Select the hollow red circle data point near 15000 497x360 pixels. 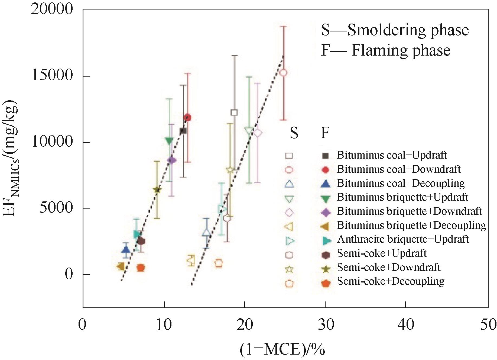tap(283, 73)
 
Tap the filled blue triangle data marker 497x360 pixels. tap(126, 249)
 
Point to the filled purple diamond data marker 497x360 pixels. tap(171, 160)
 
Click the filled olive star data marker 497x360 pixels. tap(157, 189)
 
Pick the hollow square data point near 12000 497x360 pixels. tap(234, 112)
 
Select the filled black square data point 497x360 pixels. tap(183, 131)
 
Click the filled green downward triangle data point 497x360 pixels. tap(169, 141)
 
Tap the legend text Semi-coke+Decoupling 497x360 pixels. tap(391, 281)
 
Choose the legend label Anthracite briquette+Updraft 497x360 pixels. tap(403, 239)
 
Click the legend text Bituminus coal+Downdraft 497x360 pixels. tap(398, 169)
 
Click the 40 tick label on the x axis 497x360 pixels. tap(405, 324)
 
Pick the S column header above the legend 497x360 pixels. tap(294, 133)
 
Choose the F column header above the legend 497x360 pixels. tap(325, 133)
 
